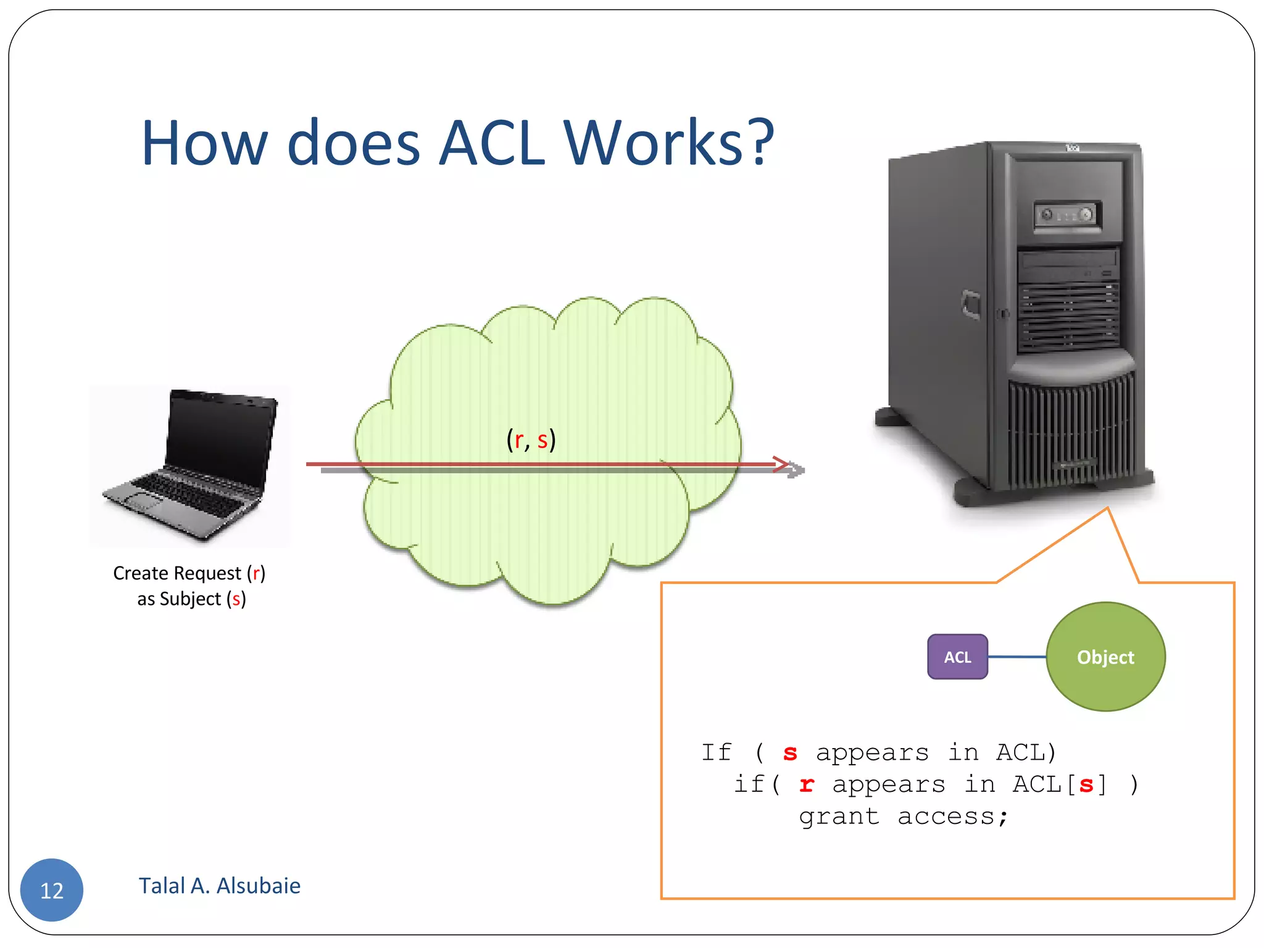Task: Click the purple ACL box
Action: pos(957,657)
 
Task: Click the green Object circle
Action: pos(1105,657)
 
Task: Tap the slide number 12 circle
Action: pos(52,890)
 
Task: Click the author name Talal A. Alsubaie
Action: pos(219,886)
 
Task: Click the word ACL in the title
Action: pos(492,143)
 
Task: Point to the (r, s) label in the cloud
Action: pos(531,440)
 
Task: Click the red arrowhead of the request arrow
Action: pos(781,464)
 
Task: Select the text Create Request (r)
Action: pos(189,573)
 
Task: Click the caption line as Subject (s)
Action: pos(191,599)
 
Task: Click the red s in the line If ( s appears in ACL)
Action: pos(790,754)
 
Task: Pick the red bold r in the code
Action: pos(806,785)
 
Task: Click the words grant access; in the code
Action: pos(904,817)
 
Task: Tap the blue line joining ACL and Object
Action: pos(1017,657)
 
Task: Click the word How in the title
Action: pos(204,143)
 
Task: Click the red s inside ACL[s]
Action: pos(1086,786)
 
